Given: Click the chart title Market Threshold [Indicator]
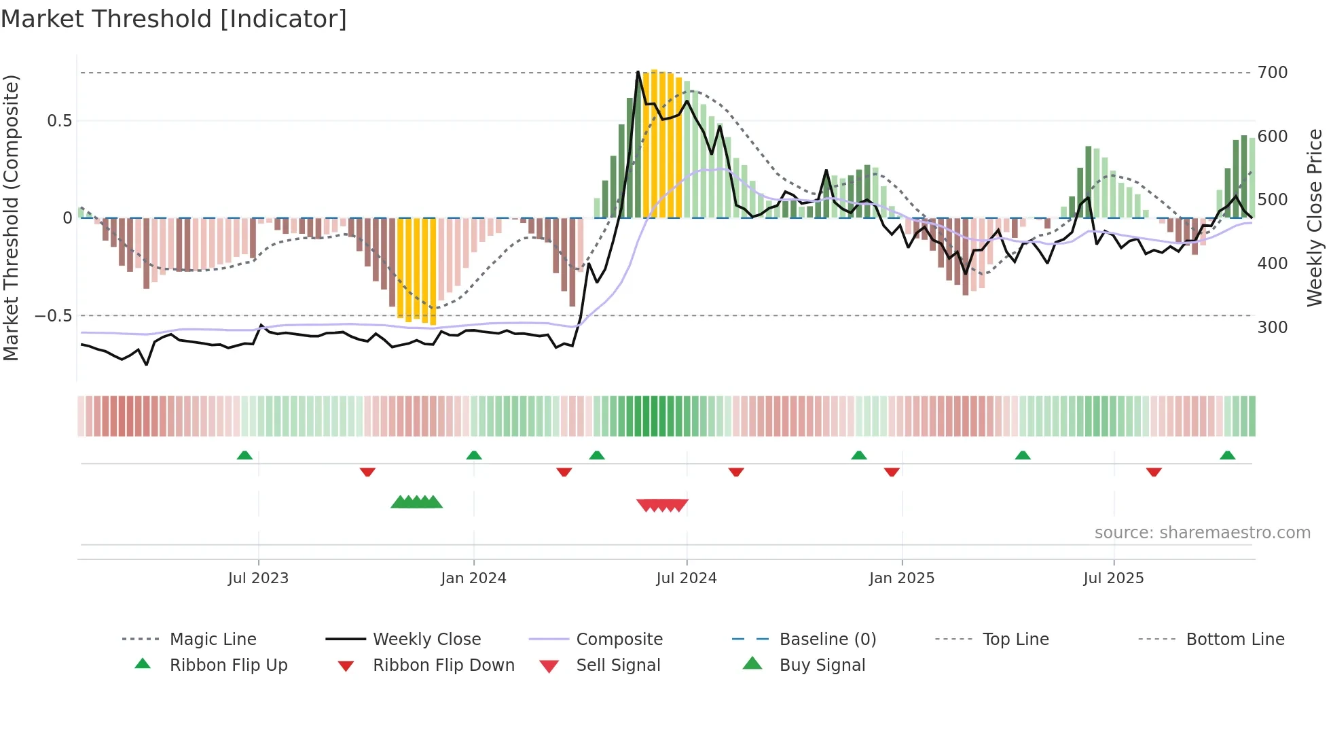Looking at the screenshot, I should point(174,19).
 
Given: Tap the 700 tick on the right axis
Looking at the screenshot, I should point(1272,73).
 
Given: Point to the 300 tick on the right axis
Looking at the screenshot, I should point(1272,327).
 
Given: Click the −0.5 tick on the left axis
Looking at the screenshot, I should point(53,316).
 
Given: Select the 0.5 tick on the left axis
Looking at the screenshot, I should point(59,121).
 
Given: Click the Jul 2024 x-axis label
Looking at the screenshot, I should point(686,578).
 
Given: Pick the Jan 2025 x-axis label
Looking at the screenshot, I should point(901,578).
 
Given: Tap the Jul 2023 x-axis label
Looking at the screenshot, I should point(258,578).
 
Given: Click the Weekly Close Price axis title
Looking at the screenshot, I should point(1315,217).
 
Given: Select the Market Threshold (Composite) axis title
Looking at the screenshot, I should point(11,217).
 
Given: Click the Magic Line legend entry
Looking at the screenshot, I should point(213,640).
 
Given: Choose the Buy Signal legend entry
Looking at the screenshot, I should point(822,665).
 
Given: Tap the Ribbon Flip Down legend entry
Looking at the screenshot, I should point(443,665).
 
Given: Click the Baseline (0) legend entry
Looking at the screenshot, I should point(827,640).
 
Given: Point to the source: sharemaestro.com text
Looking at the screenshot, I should point(1202,533).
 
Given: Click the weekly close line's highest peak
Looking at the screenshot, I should point(638,71).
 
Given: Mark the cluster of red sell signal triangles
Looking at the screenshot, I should point(662,505).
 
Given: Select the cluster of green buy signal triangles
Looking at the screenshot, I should point(416,502).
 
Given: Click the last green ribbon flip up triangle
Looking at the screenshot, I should point(1227,455).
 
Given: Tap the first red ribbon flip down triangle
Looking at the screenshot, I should point(367,472).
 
